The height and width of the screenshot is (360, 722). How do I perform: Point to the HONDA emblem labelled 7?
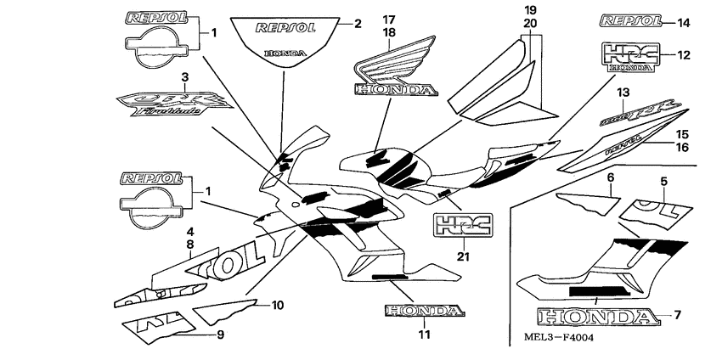click(x=599, y=318)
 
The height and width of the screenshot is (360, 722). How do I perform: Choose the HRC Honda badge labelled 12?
click(x=630, y=55)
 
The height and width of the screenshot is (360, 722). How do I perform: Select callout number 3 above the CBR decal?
click(x=184, y=77)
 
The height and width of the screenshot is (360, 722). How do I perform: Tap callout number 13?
click(x=623, y=92)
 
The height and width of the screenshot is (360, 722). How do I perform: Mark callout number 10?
click(x=277, y=303)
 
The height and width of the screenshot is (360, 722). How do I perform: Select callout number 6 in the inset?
click(x=609, y=177)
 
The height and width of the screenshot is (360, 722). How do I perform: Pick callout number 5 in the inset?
click(x=664, y=180)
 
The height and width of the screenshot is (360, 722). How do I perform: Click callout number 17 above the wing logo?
click(x=389, y=19)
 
